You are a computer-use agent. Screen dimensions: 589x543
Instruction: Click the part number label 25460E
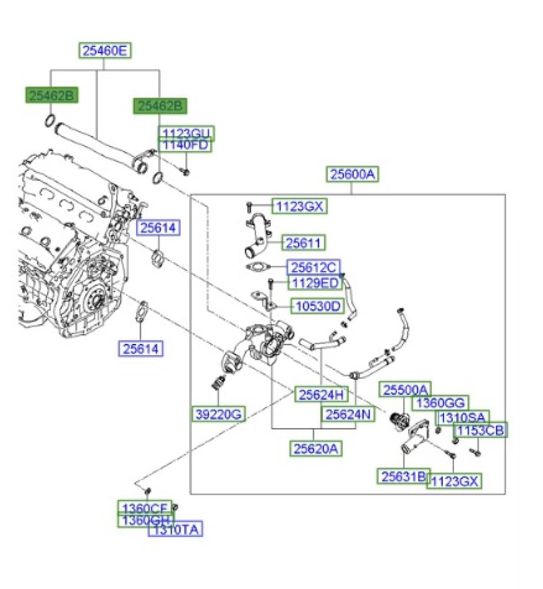[105, 51]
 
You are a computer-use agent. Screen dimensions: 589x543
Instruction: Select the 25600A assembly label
[352, 174]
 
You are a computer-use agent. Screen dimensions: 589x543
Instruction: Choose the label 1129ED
[314, 283]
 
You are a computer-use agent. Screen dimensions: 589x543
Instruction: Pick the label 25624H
[322, 394]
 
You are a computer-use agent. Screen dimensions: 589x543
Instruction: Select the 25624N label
[347, 415]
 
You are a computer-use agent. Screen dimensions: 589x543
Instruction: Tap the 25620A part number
[316, 448]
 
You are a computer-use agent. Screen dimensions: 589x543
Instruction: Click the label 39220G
[218, 414]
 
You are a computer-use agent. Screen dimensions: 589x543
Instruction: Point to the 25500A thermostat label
[406, 389]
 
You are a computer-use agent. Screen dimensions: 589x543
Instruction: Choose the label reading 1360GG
[439, 403]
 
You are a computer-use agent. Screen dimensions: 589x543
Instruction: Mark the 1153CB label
[481, 431]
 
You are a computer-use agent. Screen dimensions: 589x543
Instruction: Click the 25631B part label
[403, 476]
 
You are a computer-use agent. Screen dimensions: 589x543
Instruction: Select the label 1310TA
[176, 530]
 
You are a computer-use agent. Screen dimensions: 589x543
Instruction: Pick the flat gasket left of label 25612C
[256, 268]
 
